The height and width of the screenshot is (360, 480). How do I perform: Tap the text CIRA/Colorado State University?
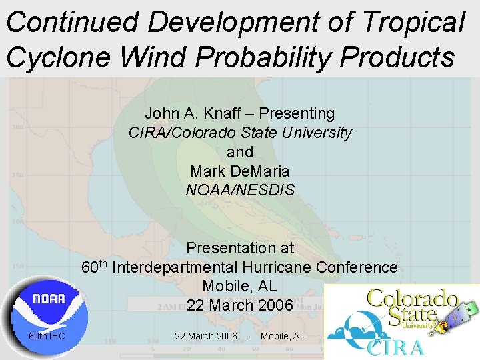tap(240, 133)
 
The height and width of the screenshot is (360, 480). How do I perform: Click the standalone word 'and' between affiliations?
tap(240, 152)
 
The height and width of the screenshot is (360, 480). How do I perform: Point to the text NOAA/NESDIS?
tap(240, 191)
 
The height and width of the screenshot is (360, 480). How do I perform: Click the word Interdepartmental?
tap(212, 268)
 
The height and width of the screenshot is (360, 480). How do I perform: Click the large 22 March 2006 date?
tap(240, 306)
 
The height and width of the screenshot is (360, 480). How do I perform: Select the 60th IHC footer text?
tap(47, 336)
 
